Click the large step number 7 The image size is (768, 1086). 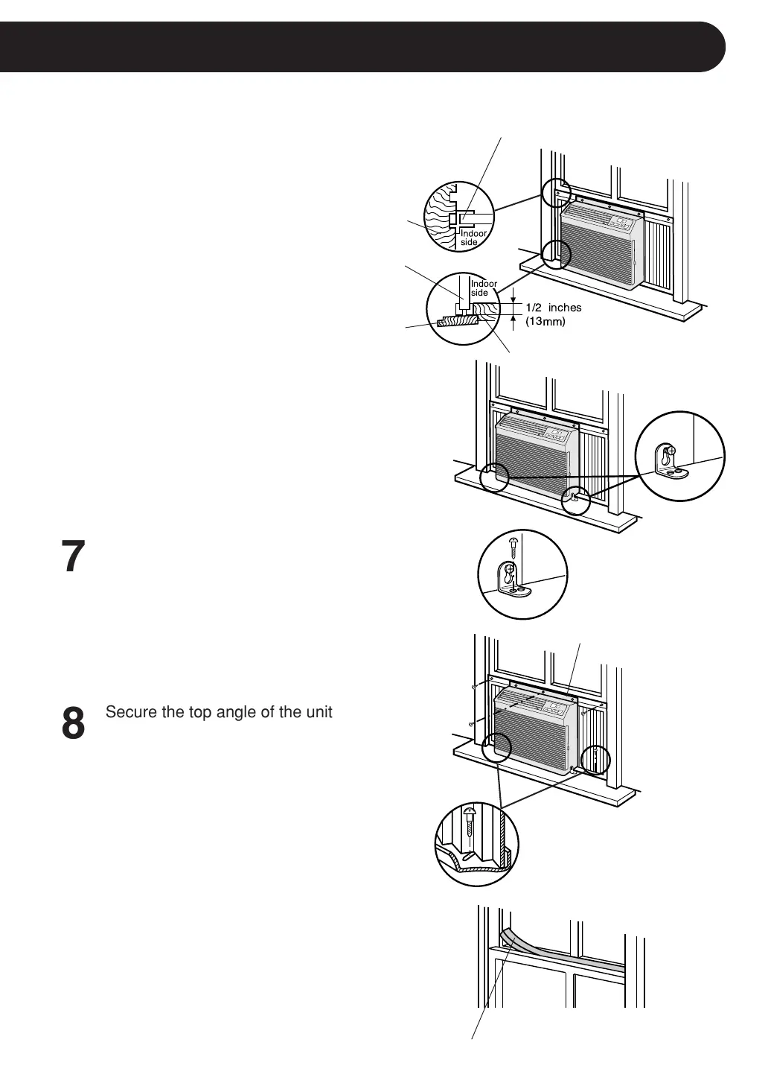(73, 557)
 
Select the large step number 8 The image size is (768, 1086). (73, 724)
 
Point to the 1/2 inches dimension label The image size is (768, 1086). (553, 308)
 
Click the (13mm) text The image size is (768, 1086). (545, 322)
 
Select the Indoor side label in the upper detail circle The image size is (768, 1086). (473, 238)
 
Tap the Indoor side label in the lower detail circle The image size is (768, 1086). (484, 288)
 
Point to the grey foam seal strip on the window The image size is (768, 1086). (566, 954)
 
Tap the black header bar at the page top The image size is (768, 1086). (362, 47)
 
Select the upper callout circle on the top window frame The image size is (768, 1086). (556, 194)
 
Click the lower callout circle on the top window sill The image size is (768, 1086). (555, 255)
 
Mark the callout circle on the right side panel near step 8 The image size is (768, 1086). (595, 759)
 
